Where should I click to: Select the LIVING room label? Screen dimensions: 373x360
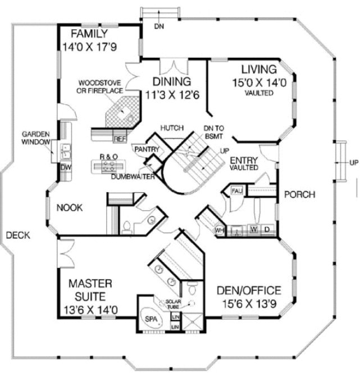point(259,70)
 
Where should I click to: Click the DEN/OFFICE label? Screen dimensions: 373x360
point(248,290)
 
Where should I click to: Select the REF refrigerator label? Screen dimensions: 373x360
point(119,138)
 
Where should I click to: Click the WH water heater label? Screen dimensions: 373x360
point(220,230)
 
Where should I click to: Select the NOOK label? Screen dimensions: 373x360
point(70,207)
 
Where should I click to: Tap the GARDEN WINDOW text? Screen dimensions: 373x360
point(35,138)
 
